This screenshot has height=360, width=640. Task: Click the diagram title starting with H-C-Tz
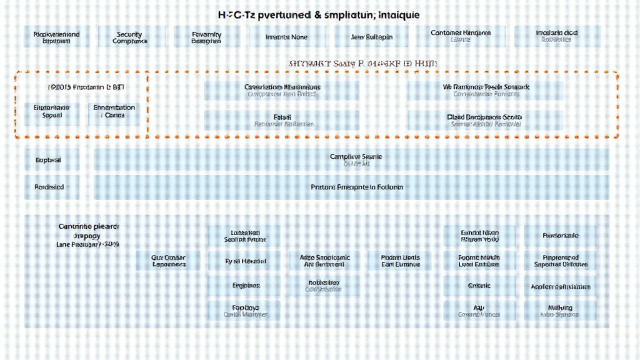click(319, 14)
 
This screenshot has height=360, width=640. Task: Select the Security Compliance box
click(130, 37)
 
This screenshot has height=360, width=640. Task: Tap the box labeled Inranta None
click(287, 37)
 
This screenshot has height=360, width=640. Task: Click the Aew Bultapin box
click(372, 37)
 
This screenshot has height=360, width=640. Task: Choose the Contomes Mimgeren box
click(461, 36)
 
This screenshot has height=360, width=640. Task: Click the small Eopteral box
click(52, 160)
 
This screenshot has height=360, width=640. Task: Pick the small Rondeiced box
click(52, 187)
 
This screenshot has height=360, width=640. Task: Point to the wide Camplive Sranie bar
click(351, 160)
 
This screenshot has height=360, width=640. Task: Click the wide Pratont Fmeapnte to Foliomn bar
click(351, 187)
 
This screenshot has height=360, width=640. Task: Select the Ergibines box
click(246, 285)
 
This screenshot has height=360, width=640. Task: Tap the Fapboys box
click(246, 310)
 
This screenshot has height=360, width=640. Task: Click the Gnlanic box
click(479, 286)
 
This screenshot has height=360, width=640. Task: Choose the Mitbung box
click(561, 310)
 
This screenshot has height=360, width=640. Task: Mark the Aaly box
click(479, 310)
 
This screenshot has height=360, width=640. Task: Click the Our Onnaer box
click(169, 261)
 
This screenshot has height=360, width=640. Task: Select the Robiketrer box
click(324, 285)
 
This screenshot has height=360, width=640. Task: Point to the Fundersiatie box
click(561, 236)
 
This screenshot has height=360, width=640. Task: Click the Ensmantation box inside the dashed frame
click(114, 111)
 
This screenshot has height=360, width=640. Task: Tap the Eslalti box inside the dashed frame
click(282, 120)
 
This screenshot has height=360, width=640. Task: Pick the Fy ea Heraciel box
click(246, 261)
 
